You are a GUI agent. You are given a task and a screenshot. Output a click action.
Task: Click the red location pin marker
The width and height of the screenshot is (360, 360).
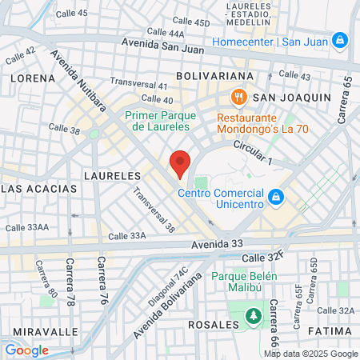180,164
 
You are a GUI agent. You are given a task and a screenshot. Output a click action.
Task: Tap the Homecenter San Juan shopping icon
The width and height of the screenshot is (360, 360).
340,40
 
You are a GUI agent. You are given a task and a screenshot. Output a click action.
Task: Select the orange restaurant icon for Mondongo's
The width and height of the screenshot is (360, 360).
237,98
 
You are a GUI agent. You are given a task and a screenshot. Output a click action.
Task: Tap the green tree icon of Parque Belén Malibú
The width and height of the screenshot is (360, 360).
254,316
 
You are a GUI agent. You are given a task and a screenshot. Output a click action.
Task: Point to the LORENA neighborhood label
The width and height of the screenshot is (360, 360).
33,78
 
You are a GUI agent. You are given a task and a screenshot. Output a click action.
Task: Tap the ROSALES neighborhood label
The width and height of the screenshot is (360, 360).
213,325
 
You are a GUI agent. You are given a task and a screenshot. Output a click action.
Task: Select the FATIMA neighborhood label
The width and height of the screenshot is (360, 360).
329,330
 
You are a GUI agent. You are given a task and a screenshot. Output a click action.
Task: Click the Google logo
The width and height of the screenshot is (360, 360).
26,350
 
